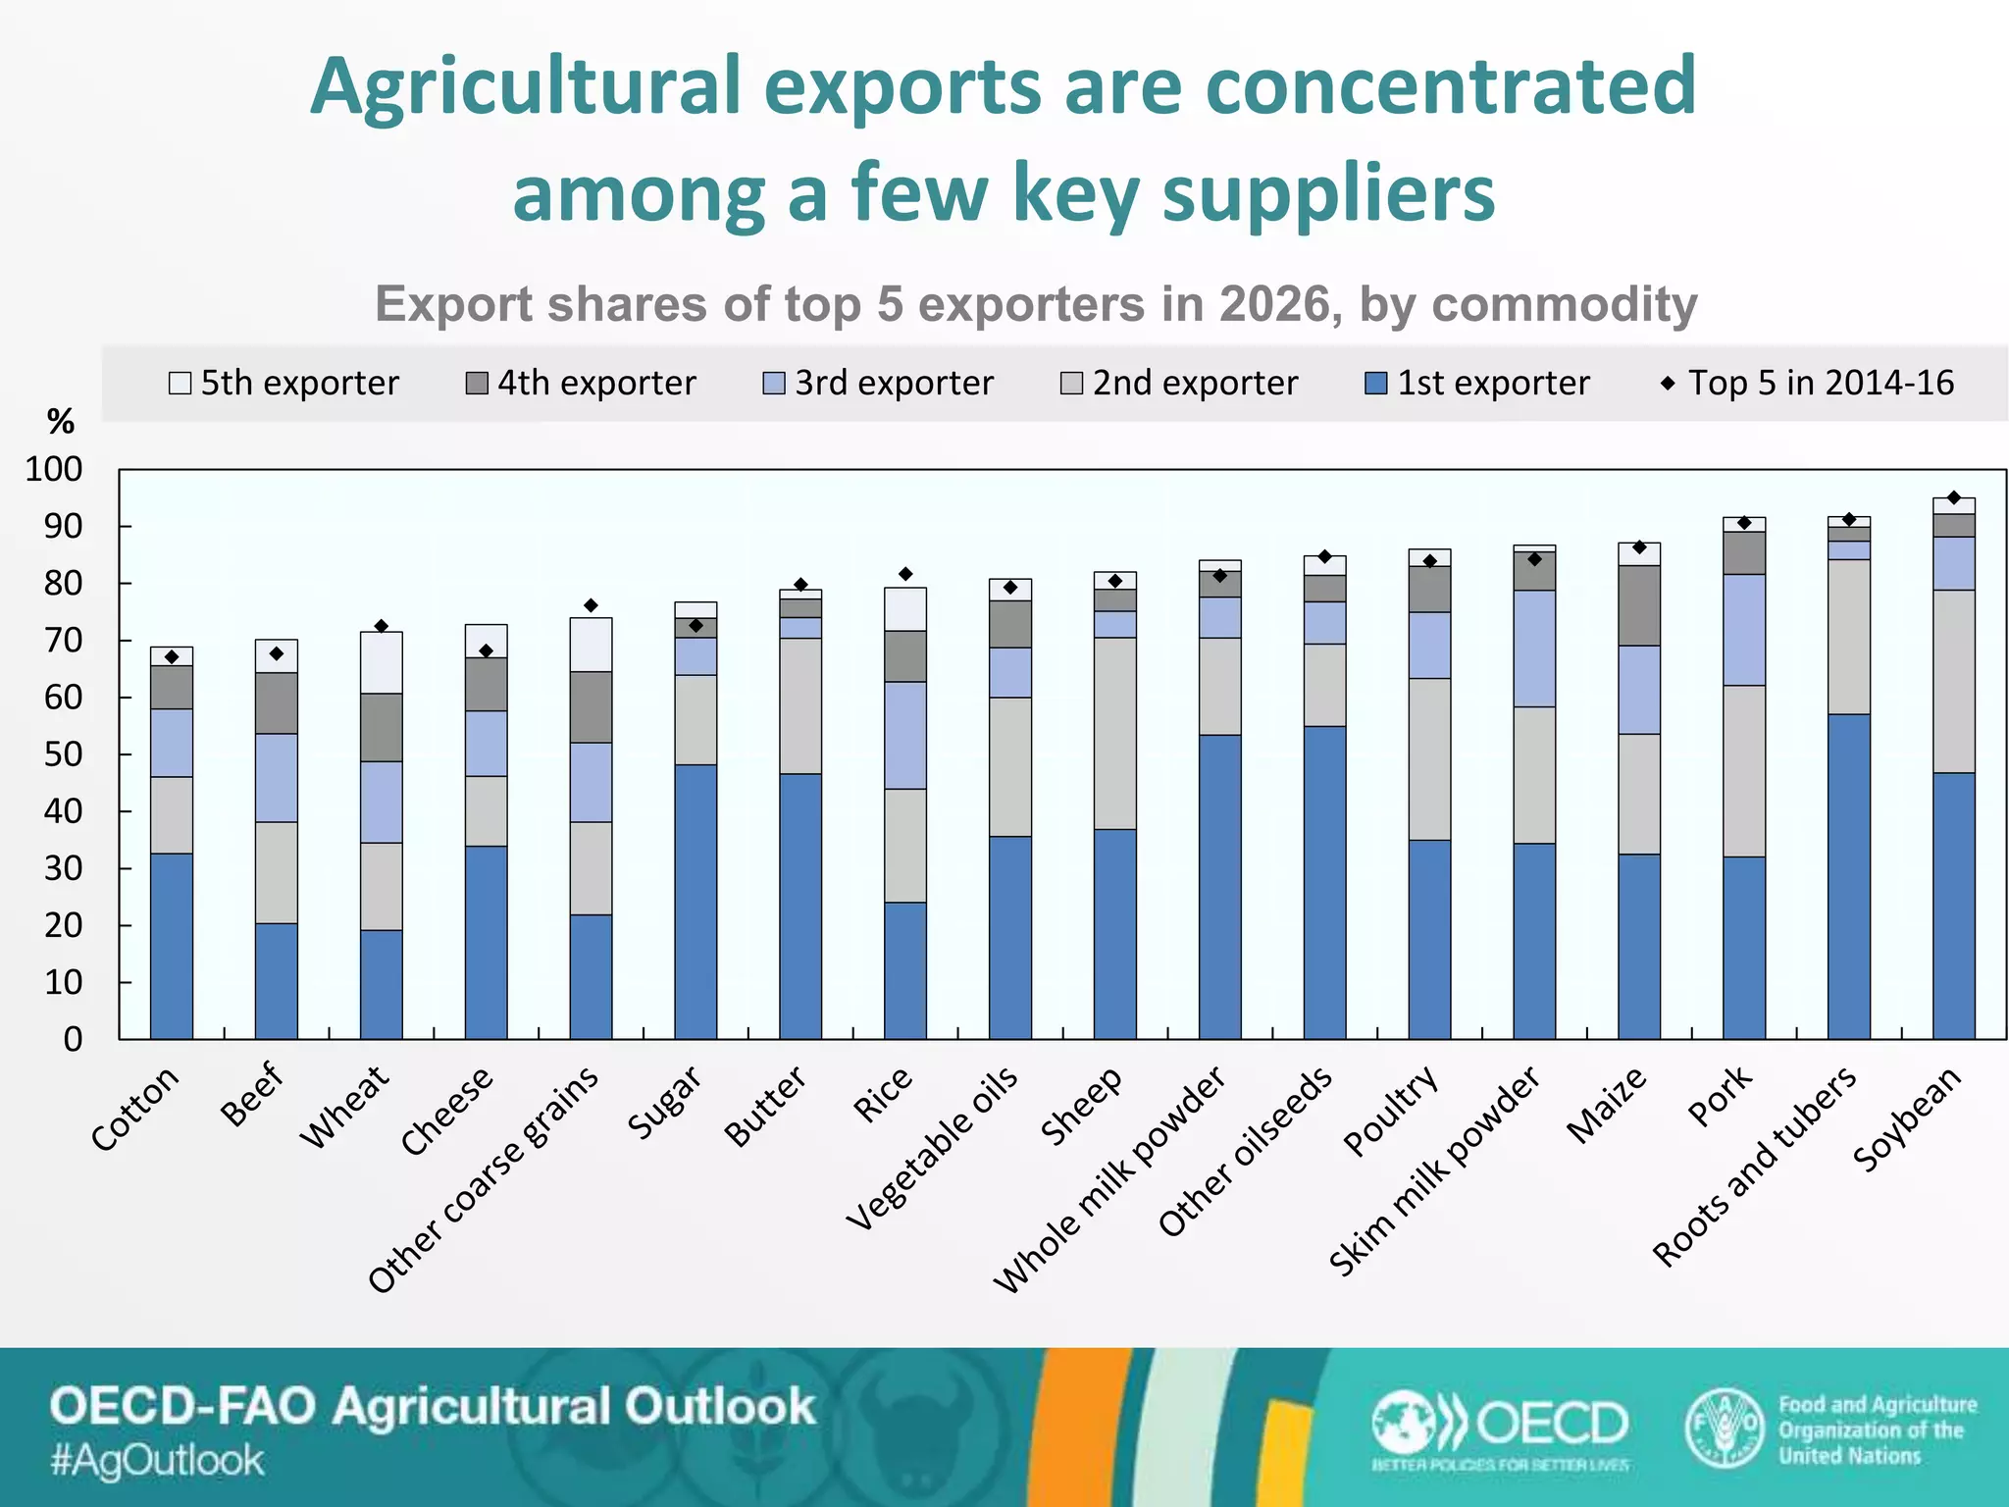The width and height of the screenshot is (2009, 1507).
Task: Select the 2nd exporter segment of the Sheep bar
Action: coord(1114,733)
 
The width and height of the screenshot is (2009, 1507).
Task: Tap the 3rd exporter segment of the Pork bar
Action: coord(1743,629)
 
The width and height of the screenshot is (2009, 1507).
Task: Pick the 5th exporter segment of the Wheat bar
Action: coord(381,662)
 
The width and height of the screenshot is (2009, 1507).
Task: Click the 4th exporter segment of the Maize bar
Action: coord(1638,604)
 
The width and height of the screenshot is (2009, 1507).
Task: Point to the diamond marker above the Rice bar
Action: coord(905,574)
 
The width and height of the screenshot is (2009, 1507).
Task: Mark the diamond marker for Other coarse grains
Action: coord(591,605)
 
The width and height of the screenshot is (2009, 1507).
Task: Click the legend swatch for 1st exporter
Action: coord(1375,383)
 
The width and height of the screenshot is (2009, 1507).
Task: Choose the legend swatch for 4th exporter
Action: coord(477,383)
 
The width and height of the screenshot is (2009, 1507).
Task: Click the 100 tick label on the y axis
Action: coord(53,469)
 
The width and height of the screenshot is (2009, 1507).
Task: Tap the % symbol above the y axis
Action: coord(60,422)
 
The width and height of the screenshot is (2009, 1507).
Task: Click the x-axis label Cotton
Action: coord(135,1108)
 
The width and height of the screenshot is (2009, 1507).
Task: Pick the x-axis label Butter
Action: coord(764,1106)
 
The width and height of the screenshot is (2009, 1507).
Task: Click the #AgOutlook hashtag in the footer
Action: coord(157,1460)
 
